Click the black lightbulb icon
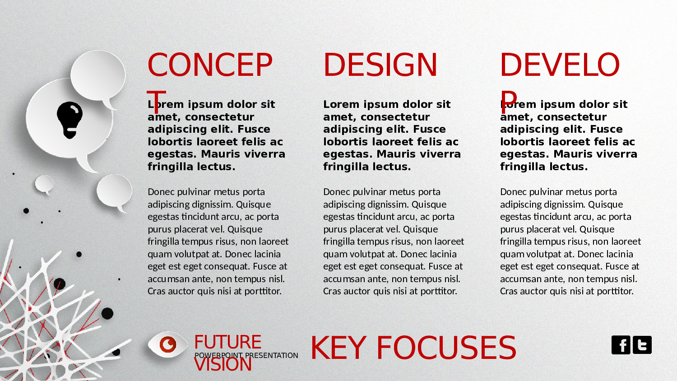[70, 120]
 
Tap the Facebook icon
[621, 345]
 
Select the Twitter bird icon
[642, 345]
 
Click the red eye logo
[167, 344]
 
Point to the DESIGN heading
[380, 65]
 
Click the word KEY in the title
[338, 348]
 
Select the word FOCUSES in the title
[446, 348]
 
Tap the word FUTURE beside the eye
[227, 342]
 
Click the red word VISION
[223, 365]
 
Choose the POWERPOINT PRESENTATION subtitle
[246, 355]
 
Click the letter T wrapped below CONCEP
[156, 102]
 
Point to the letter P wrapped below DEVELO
[509, 102]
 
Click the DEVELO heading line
[560, 65]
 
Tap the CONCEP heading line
[210, 65]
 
